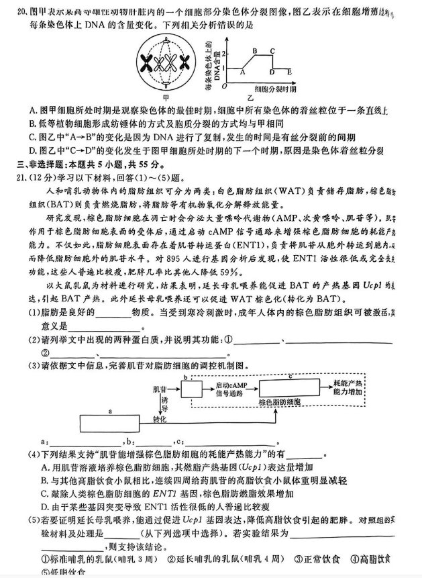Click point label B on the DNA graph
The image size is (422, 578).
tap(255, 50)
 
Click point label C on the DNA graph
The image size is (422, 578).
tap(272, 50)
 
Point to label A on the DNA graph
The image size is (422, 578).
tap(242, 73)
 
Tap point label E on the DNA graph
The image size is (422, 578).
tap(289, 72)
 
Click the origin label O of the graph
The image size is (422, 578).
tap(225, 86)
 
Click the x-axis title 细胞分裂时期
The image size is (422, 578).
tap(275, 89)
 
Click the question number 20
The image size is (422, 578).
tap(21, 11)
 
